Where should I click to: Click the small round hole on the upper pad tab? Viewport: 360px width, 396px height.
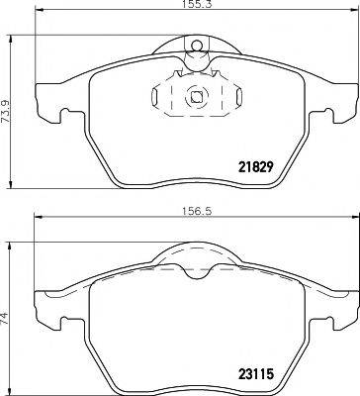pyautogui.click(x=196, y=44)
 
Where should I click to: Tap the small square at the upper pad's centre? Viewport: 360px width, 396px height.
pyautogui.click(x=196, y=97)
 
